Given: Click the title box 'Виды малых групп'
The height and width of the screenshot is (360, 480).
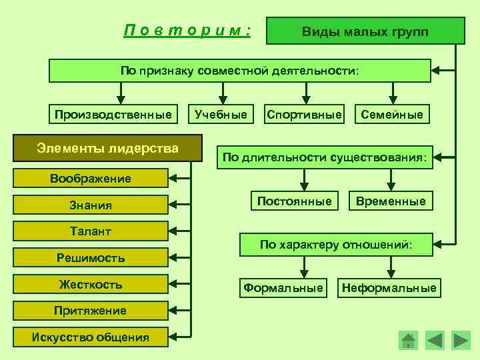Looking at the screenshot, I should coord(365,31).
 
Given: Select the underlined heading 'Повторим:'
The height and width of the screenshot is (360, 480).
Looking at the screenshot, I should coord(187,31).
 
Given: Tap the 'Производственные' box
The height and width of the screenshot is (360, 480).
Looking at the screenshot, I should coord(113,115).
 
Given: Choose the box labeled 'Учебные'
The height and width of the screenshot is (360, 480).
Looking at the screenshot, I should coord(221,115).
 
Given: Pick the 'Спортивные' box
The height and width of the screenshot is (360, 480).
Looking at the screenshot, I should coord(304,115).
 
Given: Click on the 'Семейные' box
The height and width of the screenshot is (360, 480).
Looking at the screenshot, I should coord(392,115).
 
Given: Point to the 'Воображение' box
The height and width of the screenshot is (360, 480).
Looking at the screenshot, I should coord(91,178).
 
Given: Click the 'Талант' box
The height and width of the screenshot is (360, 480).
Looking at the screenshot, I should coord(91,231).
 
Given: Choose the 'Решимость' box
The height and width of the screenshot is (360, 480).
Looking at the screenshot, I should coord(91,257).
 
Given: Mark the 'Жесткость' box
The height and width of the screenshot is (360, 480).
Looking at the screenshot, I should coord(91,285).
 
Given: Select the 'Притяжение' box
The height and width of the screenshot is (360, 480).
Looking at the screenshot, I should coord(91,311).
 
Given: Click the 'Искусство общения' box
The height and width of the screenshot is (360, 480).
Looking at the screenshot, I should coord(91,337).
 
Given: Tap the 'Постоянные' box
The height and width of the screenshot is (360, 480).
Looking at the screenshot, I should coord(295,201).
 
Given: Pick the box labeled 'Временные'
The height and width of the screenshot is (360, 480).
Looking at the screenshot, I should coord(391,201).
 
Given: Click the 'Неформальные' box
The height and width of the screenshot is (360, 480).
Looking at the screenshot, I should coord(389,288).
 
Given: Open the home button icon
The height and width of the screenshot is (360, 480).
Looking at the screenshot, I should coord(408,340).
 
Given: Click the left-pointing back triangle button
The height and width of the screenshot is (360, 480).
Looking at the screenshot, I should coord(434,340).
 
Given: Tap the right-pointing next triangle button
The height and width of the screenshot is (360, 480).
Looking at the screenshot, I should coord(461,340).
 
